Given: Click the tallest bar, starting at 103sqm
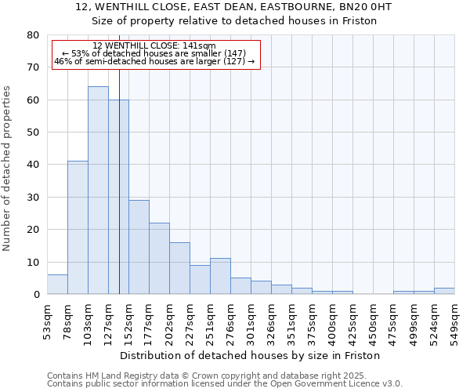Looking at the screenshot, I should coord(98,191).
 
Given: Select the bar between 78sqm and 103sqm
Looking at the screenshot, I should coord(78,227).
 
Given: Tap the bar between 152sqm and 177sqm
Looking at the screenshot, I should coord(139,247).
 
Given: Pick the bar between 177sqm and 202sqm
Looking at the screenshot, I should coord(159,259).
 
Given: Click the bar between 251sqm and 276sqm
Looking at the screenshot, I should coord(220,276).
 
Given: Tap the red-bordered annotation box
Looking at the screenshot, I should coord(156,54).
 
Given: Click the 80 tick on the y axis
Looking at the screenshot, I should coord(32,35).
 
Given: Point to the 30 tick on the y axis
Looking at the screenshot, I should coord(32,198).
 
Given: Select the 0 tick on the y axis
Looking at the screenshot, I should coord(35,295).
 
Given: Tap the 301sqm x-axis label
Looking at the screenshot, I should coord(251,318).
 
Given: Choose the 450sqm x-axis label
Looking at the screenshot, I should coord(373,318).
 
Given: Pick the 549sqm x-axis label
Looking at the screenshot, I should coord(454,318).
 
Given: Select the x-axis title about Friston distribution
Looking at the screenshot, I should coord(250,355).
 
